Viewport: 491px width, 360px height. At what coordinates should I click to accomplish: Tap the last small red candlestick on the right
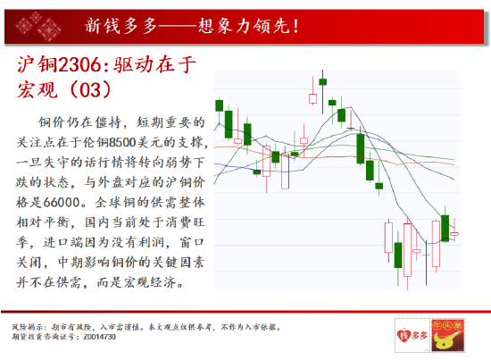tap(454, 234)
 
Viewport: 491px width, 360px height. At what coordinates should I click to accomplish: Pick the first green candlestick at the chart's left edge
tap(229, 124)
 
